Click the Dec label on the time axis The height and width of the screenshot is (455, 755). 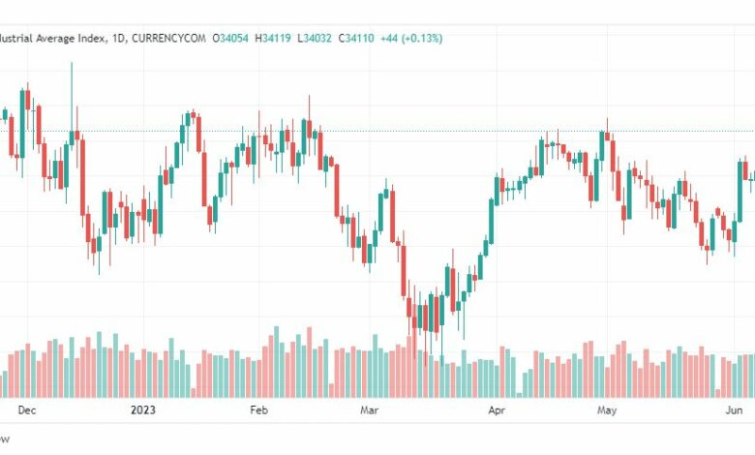pyautogui.click(x=26, y=410)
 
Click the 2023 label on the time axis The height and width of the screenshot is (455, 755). pyautogui.click(x=143, y=410)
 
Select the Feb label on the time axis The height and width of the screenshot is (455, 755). pyautogui.click(x=258, y=410)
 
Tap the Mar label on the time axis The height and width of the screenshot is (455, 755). pyautogui.click(x=369, y=410)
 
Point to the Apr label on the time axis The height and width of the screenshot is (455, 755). pyautogui.click(x=498, y=410)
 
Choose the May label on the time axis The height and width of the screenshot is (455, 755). pyautogui.click(x=607, y=410)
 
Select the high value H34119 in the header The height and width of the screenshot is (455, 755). pyautogui.click(x=280, y=38)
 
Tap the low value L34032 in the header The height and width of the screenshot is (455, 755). pyautogui.click(x=331, y=38)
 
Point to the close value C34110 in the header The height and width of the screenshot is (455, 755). pyautogui.click(x=383, y=38)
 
